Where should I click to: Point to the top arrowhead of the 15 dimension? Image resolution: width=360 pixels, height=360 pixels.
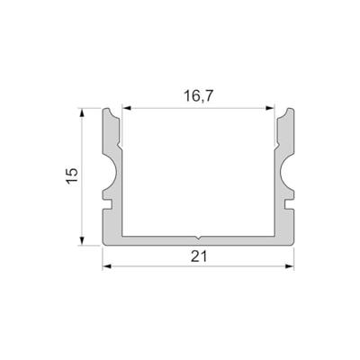pyautogui.click(x=83, y=112)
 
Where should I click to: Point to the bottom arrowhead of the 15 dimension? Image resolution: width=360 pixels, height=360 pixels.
pyautogui.click(x=83, y=240)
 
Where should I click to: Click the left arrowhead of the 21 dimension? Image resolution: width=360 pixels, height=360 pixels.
pyautogui.click(x=104, y=266)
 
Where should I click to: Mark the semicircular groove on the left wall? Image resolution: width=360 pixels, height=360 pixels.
pyautogui.click(x=114, y=169)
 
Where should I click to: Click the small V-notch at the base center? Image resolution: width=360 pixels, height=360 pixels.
pyautogui.click(x=198, y=236)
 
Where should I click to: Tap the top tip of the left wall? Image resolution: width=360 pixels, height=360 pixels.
pyautogui.click(x=109, y=111)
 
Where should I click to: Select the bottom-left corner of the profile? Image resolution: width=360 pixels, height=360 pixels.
pyautogui.click(x=103, y=243)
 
